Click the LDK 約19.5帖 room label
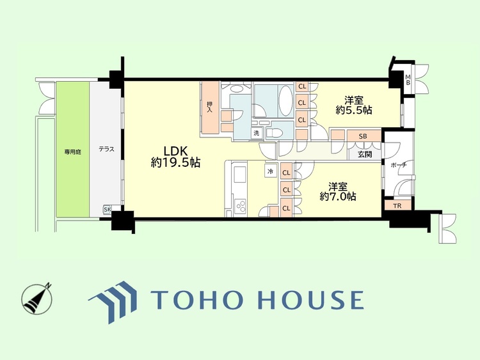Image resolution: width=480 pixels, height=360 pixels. pyautogui.click(x=175, y=157)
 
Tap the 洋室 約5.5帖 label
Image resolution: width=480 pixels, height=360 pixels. pyautogui.click(x=354, y=105)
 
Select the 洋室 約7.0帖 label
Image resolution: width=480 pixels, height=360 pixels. pyautogui.click(x=338, y=191)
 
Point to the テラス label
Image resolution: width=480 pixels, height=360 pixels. pyautogui.click(x=106, y=149)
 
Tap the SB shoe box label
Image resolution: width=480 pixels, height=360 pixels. pyautogui.click(x=362, y=136)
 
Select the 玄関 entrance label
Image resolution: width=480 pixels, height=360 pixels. pyautogui.click(x=364, y=153)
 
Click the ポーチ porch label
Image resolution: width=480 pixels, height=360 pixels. pyautogui.click(x=399, y=165)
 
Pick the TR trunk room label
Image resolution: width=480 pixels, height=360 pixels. pyautogui.click(x=397, y=205)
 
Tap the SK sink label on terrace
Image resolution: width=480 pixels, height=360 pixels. pyautogui.click(x=106, y=210)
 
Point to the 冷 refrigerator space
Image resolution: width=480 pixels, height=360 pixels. pyautogui.click(x=271, y=171)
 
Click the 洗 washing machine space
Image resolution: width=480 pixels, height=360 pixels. pyautogui.click(x=256, y=133)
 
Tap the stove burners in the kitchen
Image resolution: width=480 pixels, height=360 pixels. pyautogui.click(x=242, y=206)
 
